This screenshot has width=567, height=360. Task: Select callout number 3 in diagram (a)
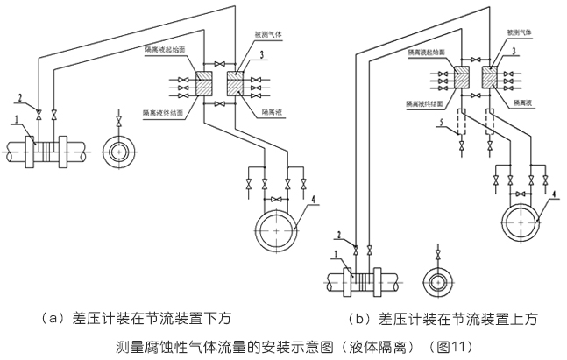pyautogui.click(x=263, y=54)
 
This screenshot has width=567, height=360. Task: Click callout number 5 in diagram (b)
pyautogui.click(x=444, y=122)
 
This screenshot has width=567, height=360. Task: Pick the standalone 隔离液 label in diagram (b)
pyautogui.click(x=520, y=102)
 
